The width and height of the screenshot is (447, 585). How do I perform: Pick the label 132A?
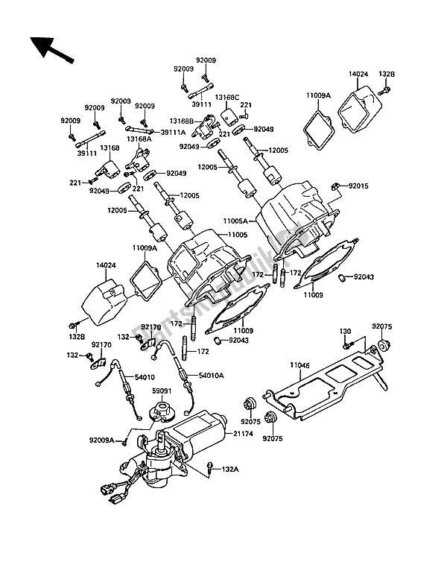click(231, 469)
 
